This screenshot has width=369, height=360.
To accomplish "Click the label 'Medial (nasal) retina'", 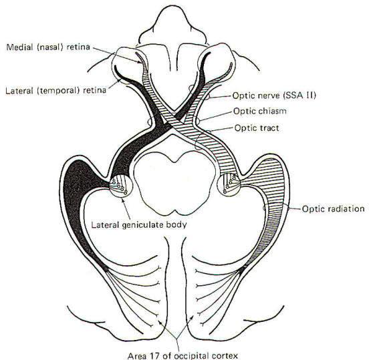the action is click(48, 47).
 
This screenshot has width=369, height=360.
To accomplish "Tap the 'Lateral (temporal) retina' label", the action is click(55, 91).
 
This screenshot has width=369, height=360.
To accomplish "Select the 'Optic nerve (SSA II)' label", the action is click(274, 96).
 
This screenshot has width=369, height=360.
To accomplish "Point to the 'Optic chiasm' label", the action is click(260, 111).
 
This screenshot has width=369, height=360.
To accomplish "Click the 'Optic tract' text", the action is click(257, 128).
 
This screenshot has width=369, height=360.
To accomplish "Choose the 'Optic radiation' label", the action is click(333, 209).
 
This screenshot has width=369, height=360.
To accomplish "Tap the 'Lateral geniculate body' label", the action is click(139, 225).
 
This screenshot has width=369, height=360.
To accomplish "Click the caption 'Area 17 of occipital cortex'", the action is click(183, 356).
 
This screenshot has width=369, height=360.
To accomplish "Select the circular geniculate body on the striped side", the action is click(230, 184).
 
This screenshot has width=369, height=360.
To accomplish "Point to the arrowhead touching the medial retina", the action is click(140, 62).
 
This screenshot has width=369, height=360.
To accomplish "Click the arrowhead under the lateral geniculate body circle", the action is click(123, 200).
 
